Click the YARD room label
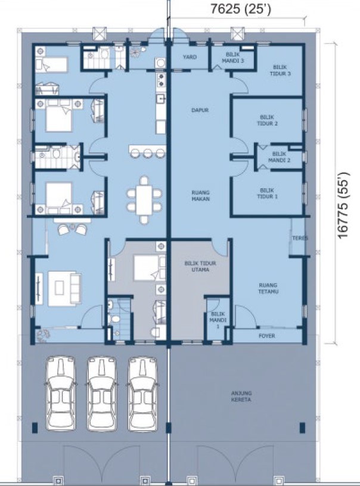click(190, 57)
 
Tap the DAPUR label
click(200, 110)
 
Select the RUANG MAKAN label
click(201, 195)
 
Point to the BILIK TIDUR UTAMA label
click(200, 266)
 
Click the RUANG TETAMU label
click(269, 288)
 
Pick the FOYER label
click(267, 336)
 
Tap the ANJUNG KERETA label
click(241, 397)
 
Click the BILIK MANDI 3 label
click(233, 58)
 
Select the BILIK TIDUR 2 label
click(267, 120)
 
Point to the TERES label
click(300, 238)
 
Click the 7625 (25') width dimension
click(241, 9)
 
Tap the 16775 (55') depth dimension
click(343, 205)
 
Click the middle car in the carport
click(102, 393)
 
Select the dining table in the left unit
click(144, 200)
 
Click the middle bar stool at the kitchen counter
click(148, 153)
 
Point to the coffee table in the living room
click(59, 288)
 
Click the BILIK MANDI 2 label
click(279, 157)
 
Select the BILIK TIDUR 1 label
click(267, 194)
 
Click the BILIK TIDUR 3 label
click(280, 70)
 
